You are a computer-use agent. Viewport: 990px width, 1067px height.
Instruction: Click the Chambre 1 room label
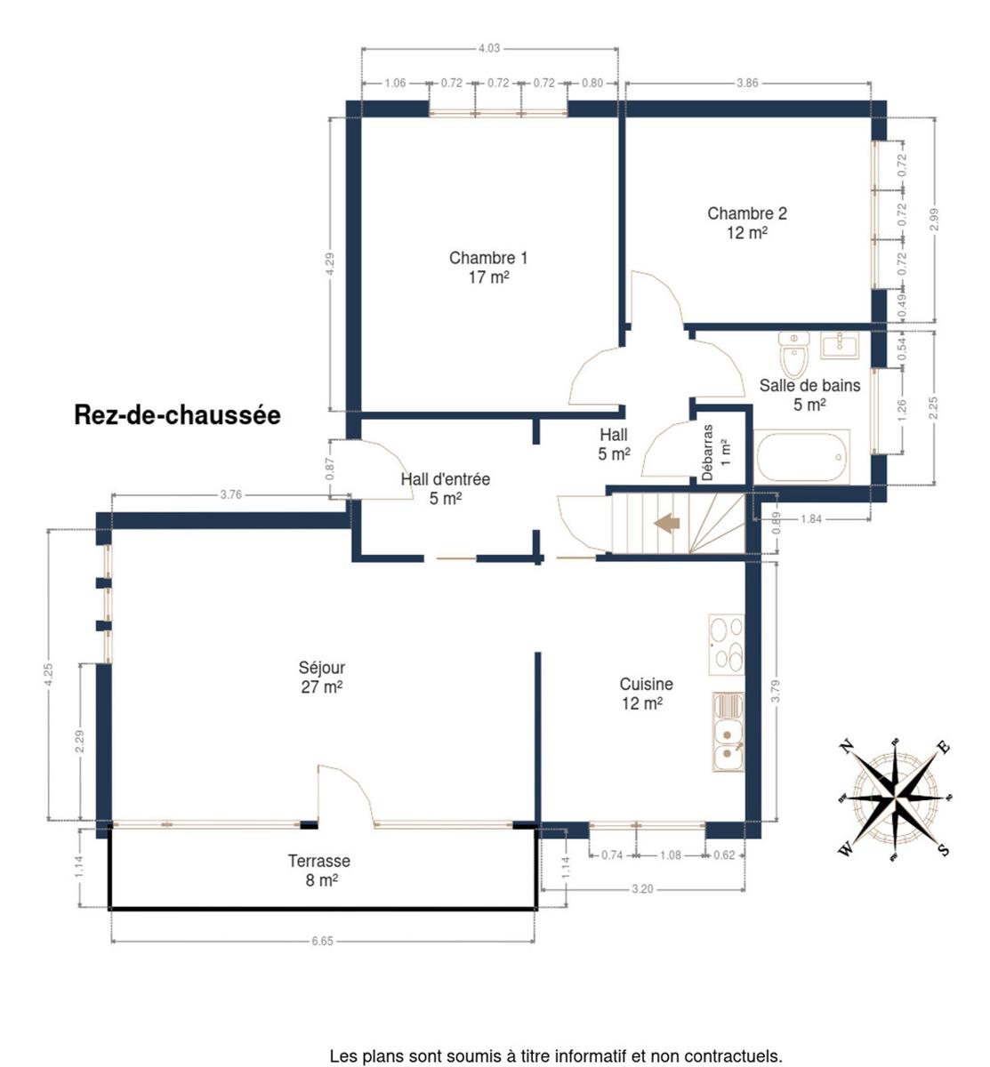pos(488,268)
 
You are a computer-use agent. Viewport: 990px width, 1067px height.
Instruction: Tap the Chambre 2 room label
pos(746,223)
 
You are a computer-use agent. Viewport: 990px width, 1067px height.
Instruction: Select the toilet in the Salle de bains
pos(793,354)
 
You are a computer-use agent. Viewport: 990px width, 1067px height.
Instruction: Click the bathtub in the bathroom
pos(801,457)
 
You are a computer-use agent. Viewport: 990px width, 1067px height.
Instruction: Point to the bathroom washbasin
pos(839,345)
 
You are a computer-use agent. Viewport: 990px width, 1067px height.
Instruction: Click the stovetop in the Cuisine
pos(727,644)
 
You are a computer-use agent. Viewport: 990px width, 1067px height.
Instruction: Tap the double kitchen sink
pos(728,732)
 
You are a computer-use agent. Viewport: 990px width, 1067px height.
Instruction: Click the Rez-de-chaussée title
pos(177,415)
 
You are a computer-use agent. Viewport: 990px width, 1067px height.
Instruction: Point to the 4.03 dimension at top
pos(489,48)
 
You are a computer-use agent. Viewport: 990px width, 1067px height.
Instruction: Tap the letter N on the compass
pos(847,747)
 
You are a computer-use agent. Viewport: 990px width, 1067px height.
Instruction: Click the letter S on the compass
pos(944,849)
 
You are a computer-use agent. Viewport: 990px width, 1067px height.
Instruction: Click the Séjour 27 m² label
pos(322,677)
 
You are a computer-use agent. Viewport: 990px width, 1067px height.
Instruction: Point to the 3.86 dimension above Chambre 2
pos(747,83)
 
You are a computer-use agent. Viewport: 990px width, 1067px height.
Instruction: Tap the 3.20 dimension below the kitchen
pos(642,889)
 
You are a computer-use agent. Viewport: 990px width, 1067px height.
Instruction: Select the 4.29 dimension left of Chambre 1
pos(331,264)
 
